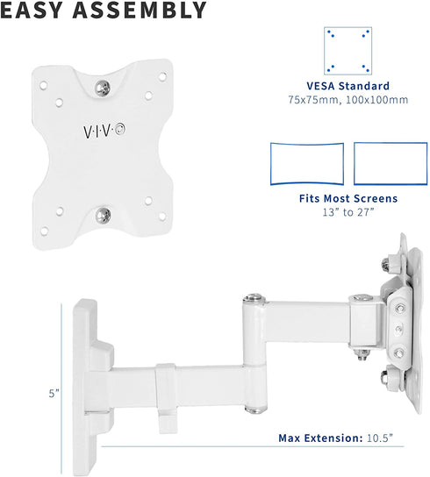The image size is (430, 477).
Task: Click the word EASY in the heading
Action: click(39, 11)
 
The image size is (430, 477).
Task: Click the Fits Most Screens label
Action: click(348, 199)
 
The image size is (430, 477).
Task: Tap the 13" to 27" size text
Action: click(348, 212)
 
